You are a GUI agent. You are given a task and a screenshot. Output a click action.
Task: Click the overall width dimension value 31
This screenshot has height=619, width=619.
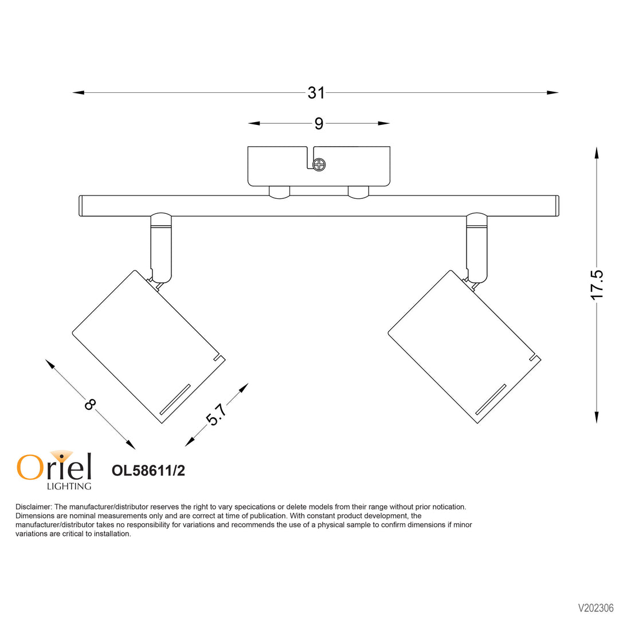pyautogui.click(x=316, y=92)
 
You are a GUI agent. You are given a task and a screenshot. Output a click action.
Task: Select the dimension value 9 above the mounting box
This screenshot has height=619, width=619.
pyautogui.click(x=319, y=123)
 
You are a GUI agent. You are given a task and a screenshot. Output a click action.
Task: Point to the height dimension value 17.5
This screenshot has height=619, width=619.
pyautogui.click(x=597, y=284)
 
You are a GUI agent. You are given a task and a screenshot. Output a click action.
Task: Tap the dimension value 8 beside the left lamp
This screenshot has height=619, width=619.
pyautogui.click(x=90, y=405)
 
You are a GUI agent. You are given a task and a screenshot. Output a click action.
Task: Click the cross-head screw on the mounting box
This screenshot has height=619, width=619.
pyautogui.click(x=319, y=165)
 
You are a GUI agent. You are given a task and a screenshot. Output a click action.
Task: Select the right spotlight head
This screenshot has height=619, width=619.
pyautogui.click(x=464, y=347)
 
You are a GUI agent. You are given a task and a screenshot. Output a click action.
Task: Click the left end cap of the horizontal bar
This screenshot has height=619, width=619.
pyautogui.click(x=81, y=206)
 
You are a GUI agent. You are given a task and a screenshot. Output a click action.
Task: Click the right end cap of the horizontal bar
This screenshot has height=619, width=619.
pyautogui.click(x=557, y=206)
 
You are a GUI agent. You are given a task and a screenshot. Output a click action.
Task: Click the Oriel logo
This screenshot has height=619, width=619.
pyautogui.click(x=54, y=466)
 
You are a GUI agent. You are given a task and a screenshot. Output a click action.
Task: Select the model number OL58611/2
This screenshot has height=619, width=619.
pyautogui.click(x=148, y=471)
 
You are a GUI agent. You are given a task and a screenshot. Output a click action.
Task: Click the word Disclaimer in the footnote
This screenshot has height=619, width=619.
pyautogui.click(x=33, y=507)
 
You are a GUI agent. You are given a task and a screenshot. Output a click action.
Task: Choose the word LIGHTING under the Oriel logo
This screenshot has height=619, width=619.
pyautogui.click(x=68, y=487)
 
